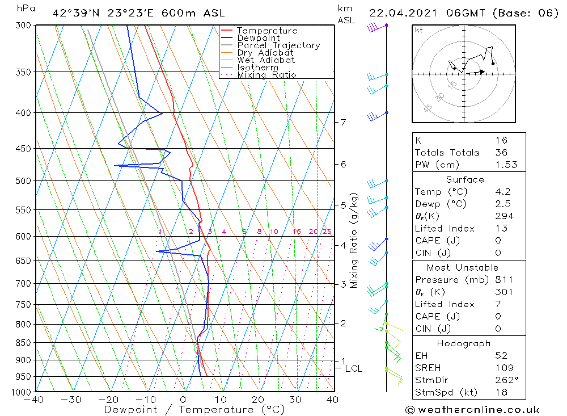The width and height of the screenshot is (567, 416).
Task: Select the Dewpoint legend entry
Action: pyautogui.click(x=258, y=38)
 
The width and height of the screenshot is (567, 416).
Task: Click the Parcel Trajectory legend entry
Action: pyautogui.click(x=278, y=45)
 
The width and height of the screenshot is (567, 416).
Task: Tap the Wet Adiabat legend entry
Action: pyautogui.click(x=266, y=60)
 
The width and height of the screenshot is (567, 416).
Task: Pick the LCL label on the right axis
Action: pyautogui.click(x=353, y=368)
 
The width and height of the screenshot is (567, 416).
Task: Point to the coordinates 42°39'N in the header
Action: pyautogui.click(x=74, y=13)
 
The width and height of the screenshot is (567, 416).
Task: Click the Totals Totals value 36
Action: pyautogui.click(x=501, y=152)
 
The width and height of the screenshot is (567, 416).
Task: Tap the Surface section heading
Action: pyautogui.click(x=465, y=179)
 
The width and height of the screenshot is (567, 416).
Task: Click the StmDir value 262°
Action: pyautogui.click(x=505, y=380)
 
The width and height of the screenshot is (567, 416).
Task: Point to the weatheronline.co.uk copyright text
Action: pyautogui.click(x=472, y=410)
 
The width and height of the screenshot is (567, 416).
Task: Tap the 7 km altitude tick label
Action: pyautogui.click(x=344, y=122)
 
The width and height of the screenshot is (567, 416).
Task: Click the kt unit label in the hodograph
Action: pyautogui.click(x=419, y=30)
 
